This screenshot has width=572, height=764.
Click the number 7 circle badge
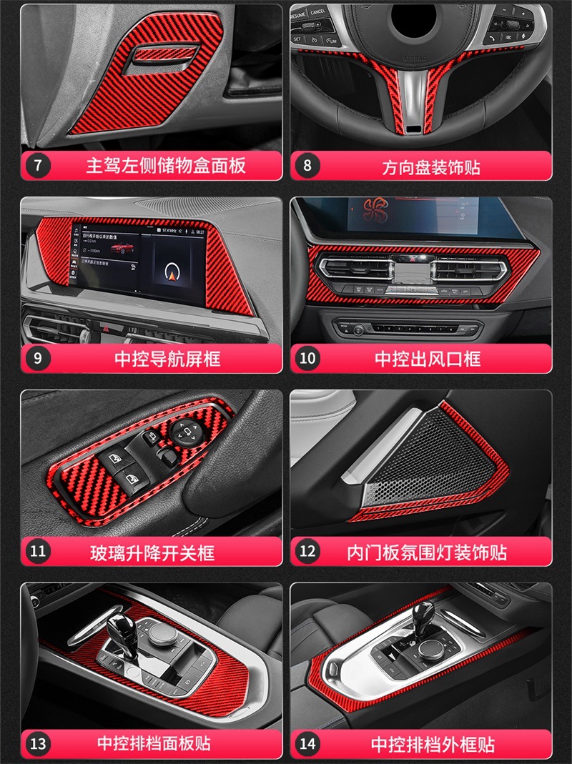click(x=38, y=166)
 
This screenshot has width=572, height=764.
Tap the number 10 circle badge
click(x=307, y=358)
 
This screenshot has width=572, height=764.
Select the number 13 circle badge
click(x=38, y=743)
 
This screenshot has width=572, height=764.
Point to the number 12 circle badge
click(x=307, y=551)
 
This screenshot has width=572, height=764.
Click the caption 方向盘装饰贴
click(x=430, y=167)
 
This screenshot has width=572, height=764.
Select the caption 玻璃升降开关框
click(x=152, y=552)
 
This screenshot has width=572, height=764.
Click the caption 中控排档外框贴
click(x=433, y=744)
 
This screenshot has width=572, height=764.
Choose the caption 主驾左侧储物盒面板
click(x=166, y=166)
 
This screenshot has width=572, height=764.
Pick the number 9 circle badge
click(x=38, y=358)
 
